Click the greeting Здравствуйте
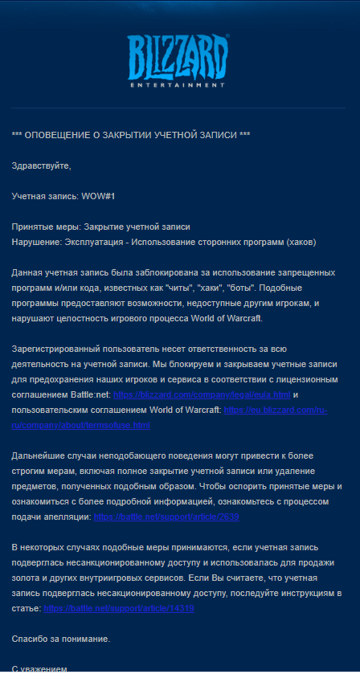click(41, 166)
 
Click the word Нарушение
click(37, 242)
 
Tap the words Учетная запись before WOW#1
click(44, 196)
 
